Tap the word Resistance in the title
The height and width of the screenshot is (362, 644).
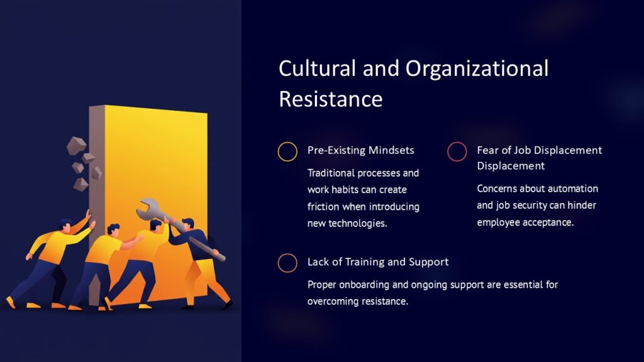pos(331,99)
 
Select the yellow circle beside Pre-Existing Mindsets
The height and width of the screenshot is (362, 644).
pos(287,151)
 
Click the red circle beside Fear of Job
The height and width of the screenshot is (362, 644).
pos(457,151)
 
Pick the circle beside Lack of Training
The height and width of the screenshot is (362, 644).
pos(287,263)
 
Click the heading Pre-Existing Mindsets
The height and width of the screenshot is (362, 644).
pos(360,151)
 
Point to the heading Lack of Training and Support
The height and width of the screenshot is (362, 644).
pos(377,262)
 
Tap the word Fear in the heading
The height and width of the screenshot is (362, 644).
pos(489,150)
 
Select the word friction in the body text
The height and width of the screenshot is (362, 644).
pos(324,207)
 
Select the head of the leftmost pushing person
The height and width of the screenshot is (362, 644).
pos(65,224)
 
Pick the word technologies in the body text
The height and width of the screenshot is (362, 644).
pos(354,224)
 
